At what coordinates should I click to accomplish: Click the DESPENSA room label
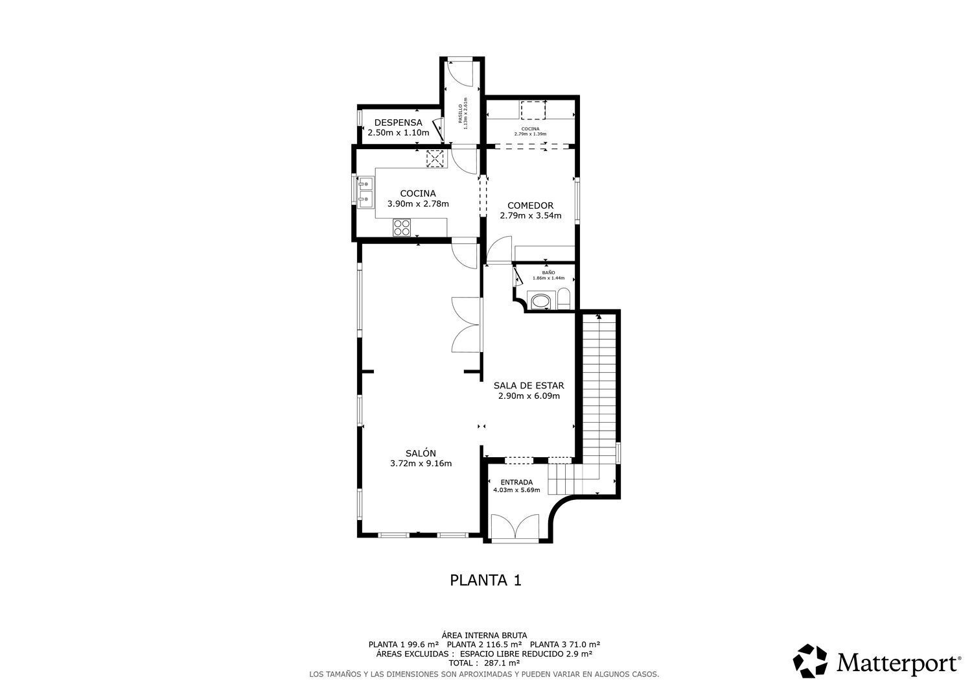point(398,123)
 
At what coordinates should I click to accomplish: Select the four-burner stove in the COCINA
point(402,227)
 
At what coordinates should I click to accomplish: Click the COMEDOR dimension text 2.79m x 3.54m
point(530,216)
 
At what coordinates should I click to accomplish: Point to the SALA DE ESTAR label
point(529,385)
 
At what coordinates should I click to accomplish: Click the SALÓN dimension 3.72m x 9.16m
point(421,464)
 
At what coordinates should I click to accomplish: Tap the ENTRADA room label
point(516,482)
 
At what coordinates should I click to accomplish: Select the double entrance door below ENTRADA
point(515,527)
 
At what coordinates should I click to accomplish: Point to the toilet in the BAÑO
point(563,300)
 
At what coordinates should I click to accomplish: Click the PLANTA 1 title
point(485,580)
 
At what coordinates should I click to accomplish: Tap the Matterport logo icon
point(810,661)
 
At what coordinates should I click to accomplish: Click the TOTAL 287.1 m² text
point(485,663)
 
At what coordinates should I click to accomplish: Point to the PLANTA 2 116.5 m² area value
point(484,645)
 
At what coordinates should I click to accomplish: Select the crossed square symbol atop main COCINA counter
point(435,158)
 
